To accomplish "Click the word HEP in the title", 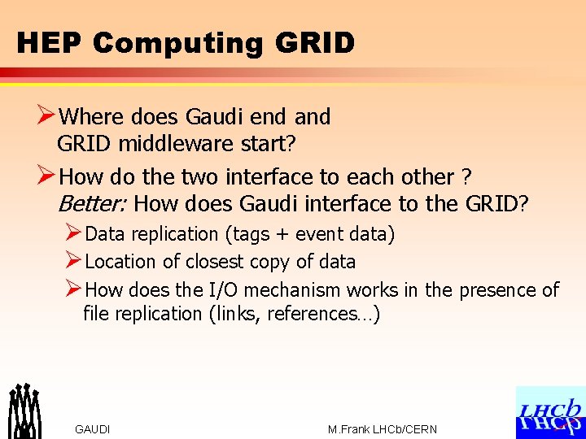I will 50,42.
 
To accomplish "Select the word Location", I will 120,262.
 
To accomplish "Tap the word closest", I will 217,262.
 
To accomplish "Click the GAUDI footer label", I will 92,429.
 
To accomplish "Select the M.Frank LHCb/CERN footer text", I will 382,429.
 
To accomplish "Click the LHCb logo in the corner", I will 550,412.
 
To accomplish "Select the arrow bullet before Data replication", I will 73,234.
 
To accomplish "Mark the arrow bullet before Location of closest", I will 73,262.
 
